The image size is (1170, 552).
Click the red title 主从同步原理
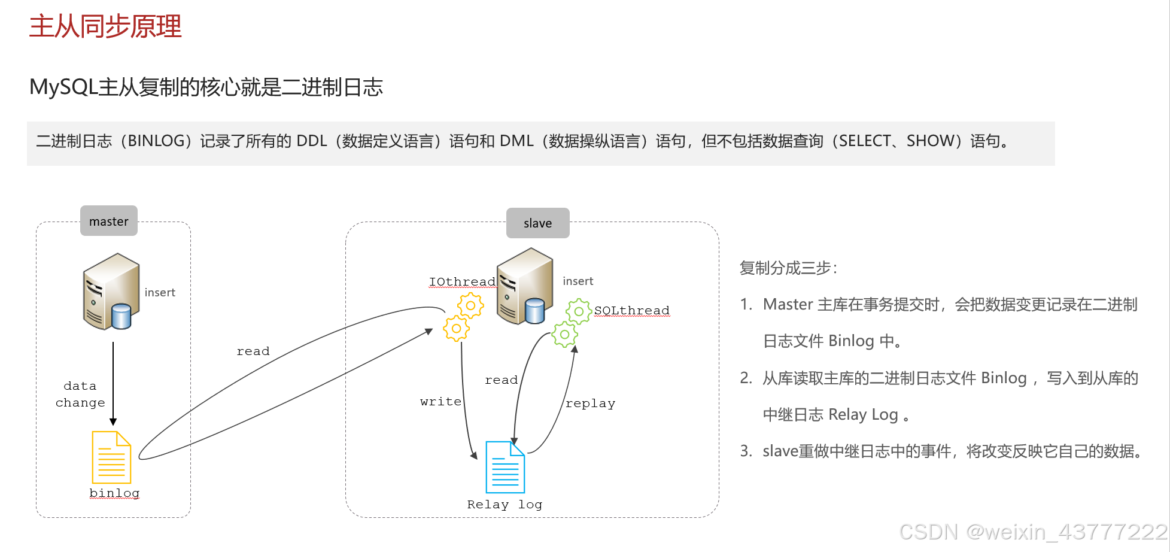pos(105,27)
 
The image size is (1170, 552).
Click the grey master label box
pos(109,221)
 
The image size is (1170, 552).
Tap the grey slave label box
pos(537,223)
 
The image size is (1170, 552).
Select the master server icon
pos(112,292)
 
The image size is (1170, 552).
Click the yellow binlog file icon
pos(111,457)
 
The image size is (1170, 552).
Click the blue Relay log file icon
pos(505,467)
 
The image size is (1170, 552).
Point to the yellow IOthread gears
pos(464,317)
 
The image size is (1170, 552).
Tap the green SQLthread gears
pos(571,322)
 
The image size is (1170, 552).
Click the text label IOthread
pos(462,282)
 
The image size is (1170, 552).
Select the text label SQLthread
pos(631,311)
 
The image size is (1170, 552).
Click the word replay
pos(590,404)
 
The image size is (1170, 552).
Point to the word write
pos(440,402)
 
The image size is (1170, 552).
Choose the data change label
pos(80,395)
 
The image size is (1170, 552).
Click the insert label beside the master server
pos(160,293)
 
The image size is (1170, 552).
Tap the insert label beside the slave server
pos(578,281)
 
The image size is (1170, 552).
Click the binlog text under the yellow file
pos(114,493)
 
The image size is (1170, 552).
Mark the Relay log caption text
pos(505,505)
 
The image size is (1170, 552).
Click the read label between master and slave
pos(253,351)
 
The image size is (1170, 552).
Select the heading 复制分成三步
pos(788,268)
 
